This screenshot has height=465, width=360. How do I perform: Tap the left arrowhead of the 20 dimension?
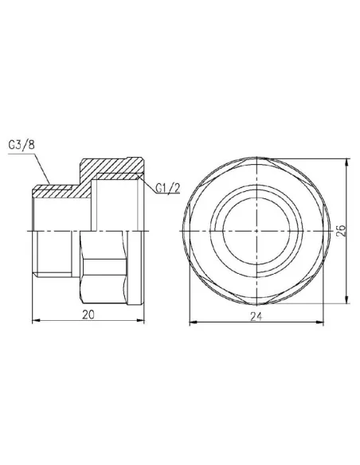pos(34,322)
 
